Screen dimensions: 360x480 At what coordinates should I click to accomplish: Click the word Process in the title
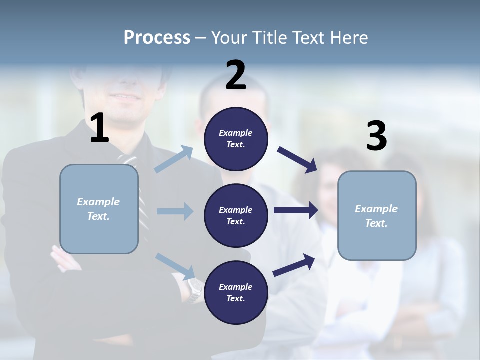(x=157, y=37)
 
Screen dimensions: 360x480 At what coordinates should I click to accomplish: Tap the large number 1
(x=99, y=128)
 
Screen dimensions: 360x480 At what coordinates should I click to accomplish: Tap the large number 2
(x=236, y=75)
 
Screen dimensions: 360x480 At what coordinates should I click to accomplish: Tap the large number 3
(x=376, y=136)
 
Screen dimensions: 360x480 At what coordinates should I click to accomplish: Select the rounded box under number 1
(x=99, y=209)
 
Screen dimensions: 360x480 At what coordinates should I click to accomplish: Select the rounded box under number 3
(x=377, y=215)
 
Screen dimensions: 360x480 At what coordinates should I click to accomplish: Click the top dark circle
(x=236, y=139)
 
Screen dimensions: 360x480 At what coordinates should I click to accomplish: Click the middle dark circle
(x=236, y=215)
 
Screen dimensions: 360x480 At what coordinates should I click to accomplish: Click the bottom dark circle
(x=236, y=292)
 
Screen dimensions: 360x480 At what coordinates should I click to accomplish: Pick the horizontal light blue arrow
(x=175, y=211)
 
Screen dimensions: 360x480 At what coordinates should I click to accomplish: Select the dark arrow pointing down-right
(x=297, y=159)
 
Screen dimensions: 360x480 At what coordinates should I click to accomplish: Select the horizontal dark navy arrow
(x=296, y=210)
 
